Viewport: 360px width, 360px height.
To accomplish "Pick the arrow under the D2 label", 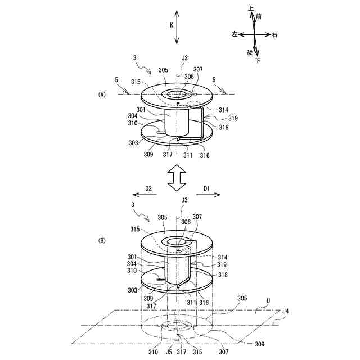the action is [146, 196].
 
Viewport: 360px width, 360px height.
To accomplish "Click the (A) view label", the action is [102, 95].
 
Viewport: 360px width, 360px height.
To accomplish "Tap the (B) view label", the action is [102, 240].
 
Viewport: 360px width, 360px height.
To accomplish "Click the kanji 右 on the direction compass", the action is [274, 35].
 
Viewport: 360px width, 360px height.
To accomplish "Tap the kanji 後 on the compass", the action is [249, 52].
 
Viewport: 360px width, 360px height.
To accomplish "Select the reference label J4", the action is [285, 311].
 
